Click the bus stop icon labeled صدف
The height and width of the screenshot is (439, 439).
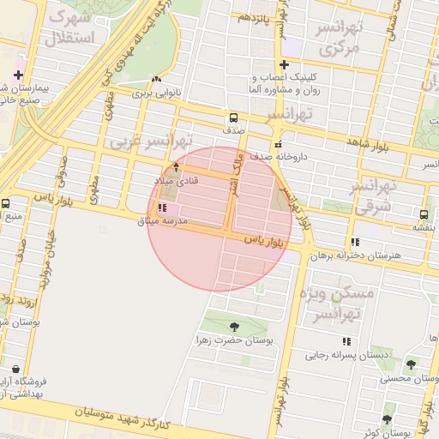233,118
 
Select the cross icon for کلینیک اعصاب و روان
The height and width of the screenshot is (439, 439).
284,64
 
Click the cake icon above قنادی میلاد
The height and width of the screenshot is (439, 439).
177,166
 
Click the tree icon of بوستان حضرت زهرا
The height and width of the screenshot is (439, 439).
234,326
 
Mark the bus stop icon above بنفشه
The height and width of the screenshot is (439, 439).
424,214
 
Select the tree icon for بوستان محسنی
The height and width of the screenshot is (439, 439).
411,364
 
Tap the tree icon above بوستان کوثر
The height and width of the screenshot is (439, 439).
387,420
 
